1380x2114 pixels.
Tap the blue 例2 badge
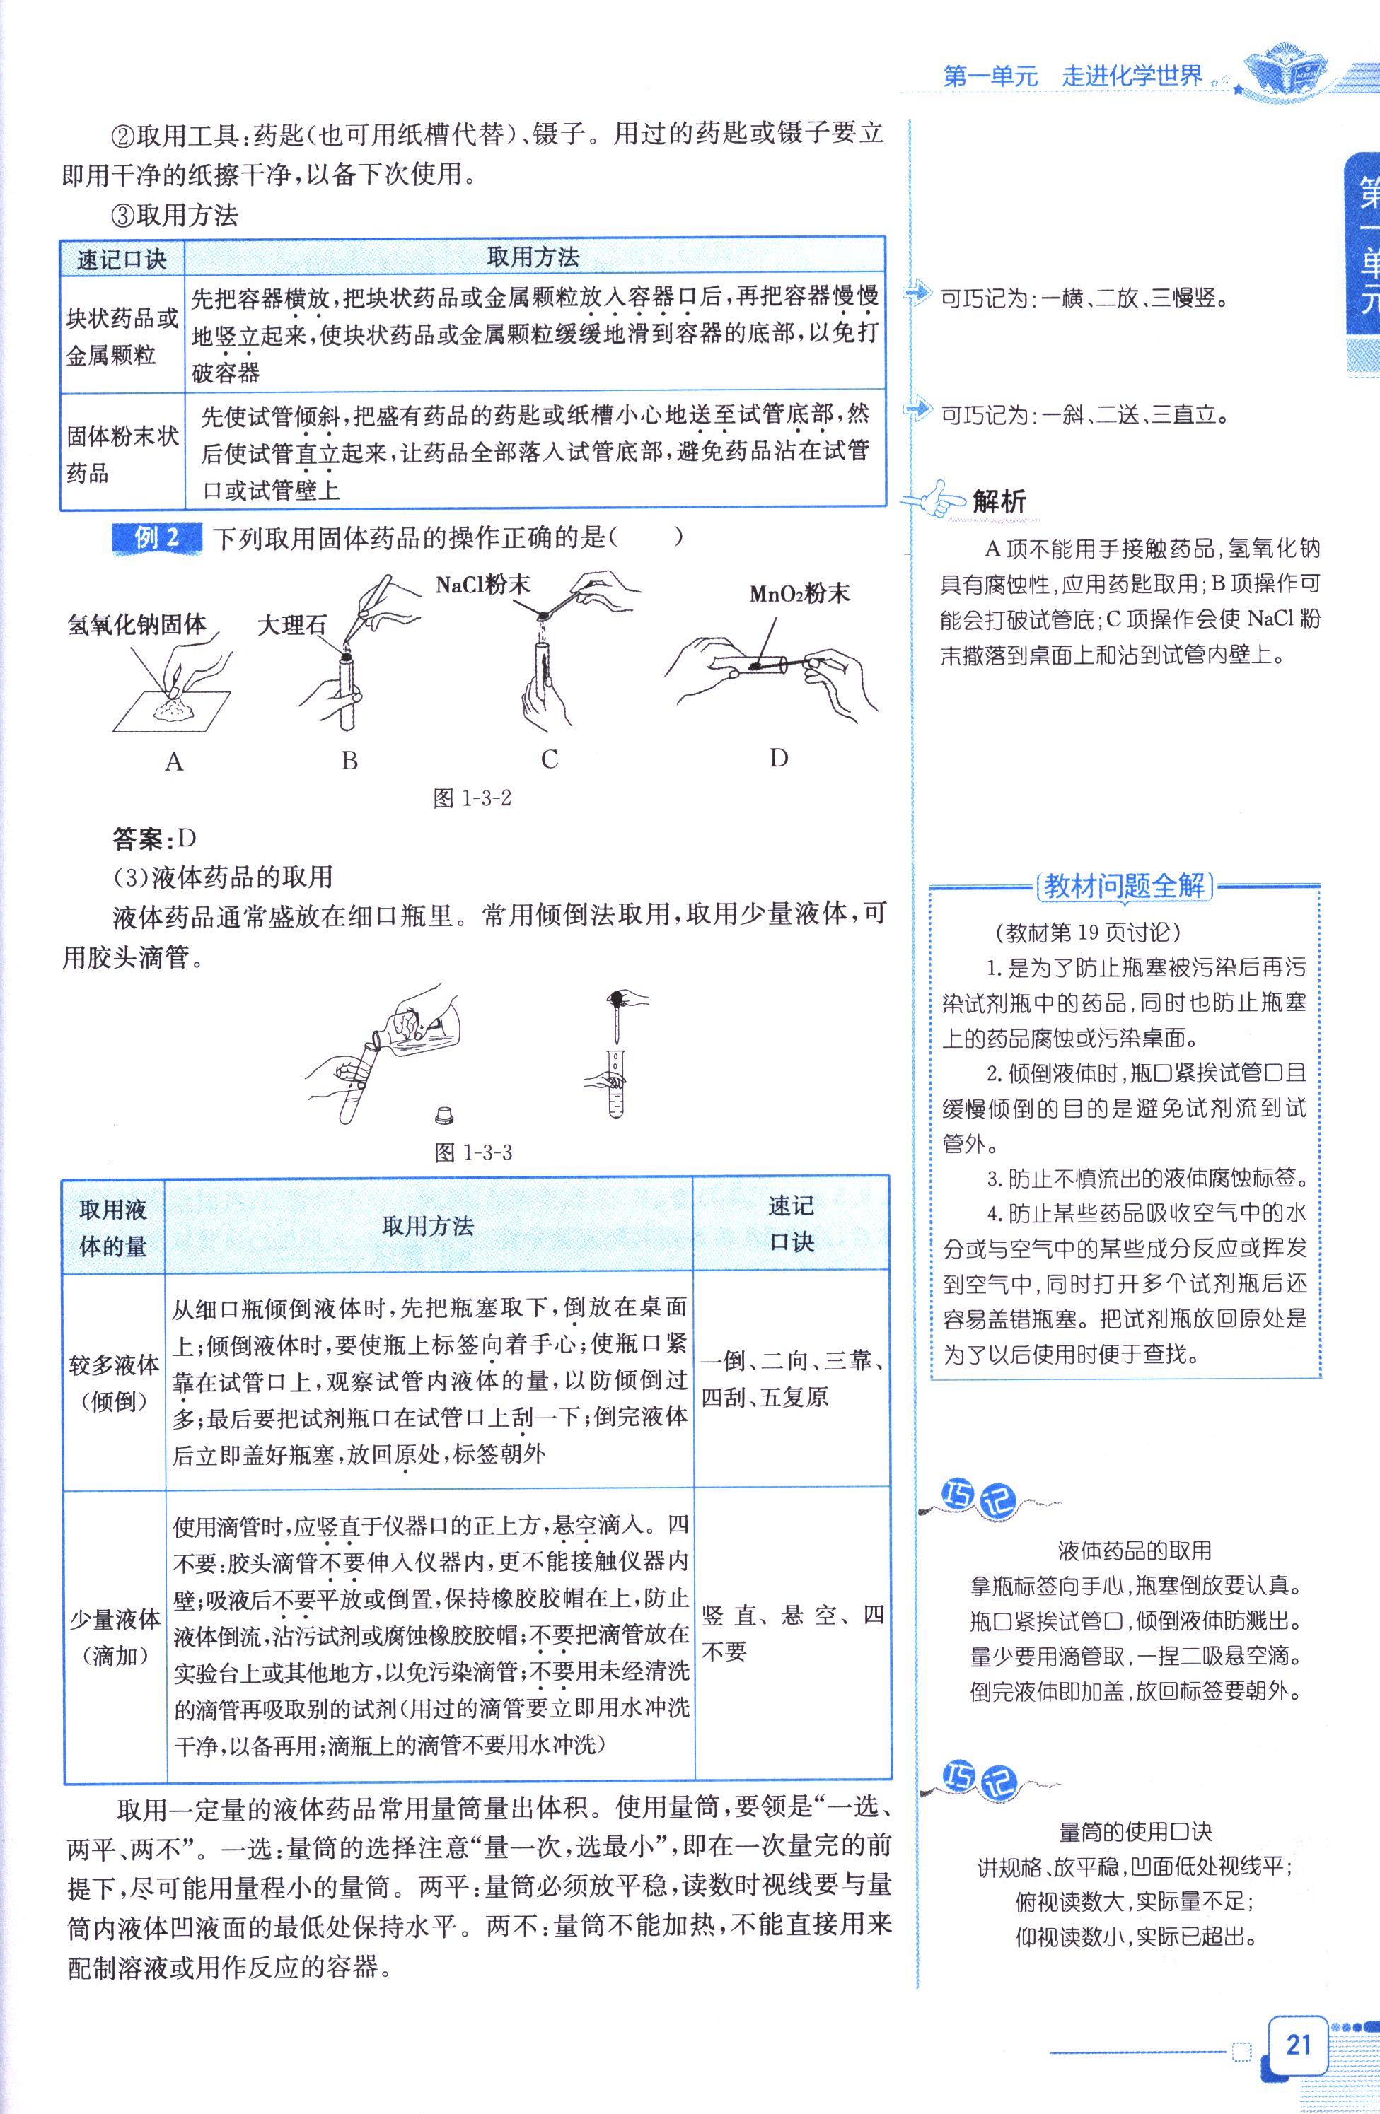coord(156,538)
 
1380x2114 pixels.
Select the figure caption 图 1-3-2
coord(472,798)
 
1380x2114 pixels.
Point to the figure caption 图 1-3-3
coord(472,1152)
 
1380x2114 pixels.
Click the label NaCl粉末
coord(482,585)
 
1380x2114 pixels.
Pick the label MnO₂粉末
coord(800,593)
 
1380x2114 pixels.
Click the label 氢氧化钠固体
coord(137,624)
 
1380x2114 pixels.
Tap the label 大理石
coord(291,625)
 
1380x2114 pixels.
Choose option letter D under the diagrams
coord(778,758)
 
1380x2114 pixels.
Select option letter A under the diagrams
coord(174,761)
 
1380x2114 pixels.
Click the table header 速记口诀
coord(122,259)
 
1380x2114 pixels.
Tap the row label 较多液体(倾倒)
coord(114,1382)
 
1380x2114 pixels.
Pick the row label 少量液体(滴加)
coord(115,1636)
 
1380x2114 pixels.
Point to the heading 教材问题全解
coord(1124,886)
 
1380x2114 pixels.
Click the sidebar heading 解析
coord(999,501)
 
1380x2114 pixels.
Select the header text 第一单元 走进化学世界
coord(1072,76)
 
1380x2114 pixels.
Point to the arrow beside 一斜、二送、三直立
coord(916,409)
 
